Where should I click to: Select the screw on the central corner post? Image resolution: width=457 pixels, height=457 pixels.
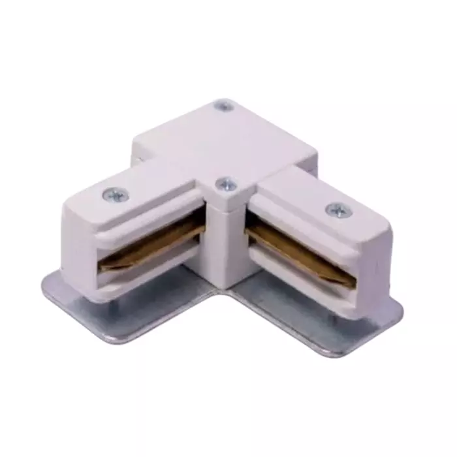pyautogui.click(x=226, y=185)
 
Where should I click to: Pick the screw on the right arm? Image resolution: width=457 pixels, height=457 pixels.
pyautogui.click(x=337, y=210)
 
